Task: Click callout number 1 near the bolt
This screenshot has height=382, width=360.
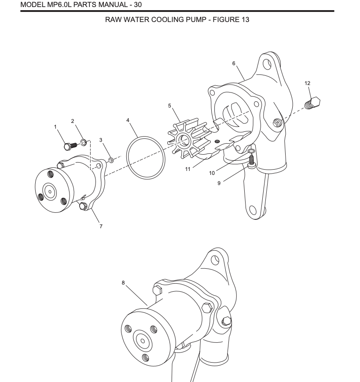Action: click(x=56, y=127)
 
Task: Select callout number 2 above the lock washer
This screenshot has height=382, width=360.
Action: click(x=73, y=121)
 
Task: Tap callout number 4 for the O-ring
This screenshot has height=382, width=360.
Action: click(x=128, y=120)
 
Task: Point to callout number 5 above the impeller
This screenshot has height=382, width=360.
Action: click(x=169, y=106)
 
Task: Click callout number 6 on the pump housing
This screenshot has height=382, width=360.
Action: click(x=234, y=63)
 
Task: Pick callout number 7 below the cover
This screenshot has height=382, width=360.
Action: click(x=101, y=226)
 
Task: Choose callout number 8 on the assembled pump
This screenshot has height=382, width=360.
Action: click(x=124, y=283)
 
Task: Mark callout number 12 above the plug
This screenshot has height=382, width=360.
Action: click(x=308, y=83)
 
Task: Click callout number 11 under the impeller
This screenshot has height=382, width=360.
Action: click(x=188, y=169)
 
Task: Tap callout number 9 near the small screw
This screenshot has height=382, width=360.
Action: click(x=219, y=183)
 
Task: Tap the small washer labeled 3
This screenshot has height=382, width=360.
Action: click(x=111, y=159)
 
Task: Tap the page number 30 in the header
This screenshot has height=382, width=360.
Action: click(x=136, y=5)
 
